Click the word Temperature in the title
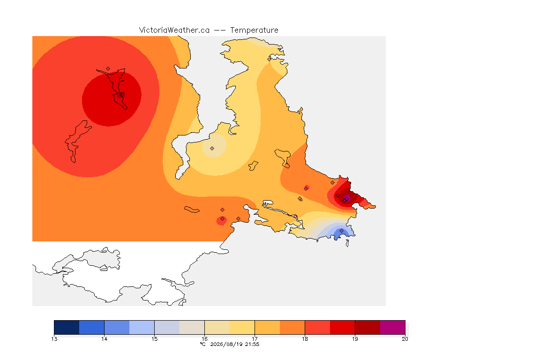[x=254, y=30]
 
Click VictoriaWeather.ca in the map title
[x=174, y=30]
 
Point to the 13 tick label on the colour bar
[x=54, y=339]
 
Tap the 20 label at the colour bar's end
[x=405, y=339]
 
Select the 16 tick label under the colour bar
[x=204, y=339]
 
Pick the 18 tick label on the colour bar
[x=305, y=339]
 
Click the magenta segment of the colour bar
[x=393, y=327]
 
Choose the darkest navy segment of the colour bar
[x=67, y=327]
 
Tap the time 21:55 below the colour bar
[x=252, y=344]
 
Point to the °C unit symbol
[x=203, y=344]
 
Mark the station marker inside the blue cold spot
[x=341, y=231]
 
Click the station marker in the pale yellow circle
[x=212, y=149]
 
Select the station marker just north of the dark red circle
[x=108, y=69]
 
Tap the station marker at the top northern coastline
[x=270, y=59]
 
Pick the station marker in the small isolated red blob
[x=223, y=219]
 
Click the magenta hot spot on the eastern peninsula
[x=347, y=198]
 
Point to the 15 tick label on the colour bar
[x=155, y=339]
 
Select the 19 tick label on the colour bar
[x=355, y=339]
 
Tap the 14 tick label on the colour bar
[x=105, y=339]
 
